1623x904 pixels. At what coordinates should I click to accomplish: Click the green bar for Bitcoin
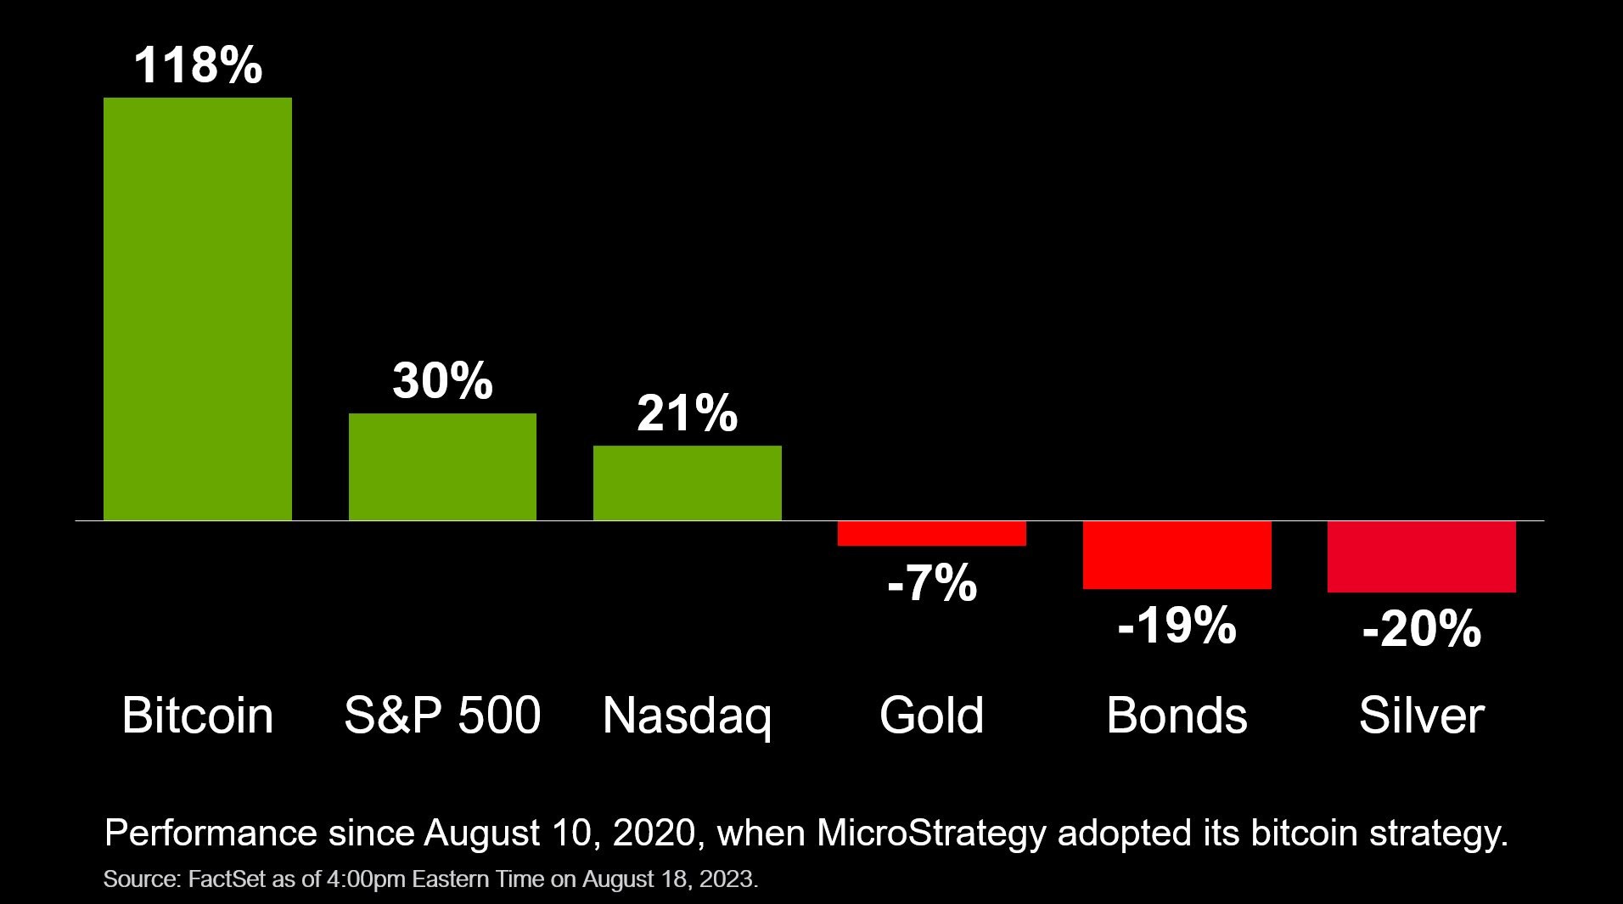pyautogui.click(x=197, y=309)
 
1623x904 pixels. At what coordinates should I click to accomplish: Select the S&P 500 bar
pyautogui.click(x=442, y=467)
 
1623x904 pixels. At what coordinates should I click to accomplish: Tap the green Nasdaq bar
pyautogui.click(x=687, y=483)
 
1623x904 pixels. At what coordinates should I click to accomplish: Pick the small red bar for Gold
pyautogui.click(x=931, y=533)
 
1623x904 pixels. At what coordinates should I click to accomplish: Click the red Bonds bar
pyautogui.click(x=1177, y=554)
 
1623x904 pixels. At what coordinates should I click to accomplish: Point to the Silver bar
pyautogui.click(x=1421, y=557)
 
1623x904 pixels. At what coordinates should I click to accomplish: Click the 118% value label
pyautogui.click(x=198, y=65)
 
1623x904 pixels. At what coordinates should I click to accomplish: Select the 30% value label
pyautogui.click(x=442, y=381)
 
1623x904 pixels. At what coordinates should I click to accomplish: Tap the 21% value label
pyautogui.click(x=687, y=413)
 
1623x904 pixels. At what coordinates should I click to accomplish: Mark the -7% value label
pyautogui.click(x=931, y=584)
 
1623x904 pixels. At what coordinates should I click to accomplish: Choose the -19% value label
pyautogui.click(x=1177, y=626)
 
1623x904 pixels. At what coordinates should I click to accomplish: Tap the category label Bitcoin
pyautogui.click(x=197, y=716)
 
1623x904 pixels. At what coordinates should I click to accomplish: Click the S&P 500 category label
pyautogui.click(x=442, y=716)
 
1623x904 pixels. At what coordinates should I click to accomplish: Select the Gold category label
pyautogui.click(x=931, y=716)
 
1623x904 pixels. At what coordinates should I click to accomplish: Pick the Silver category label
pyautogui.click(x=1421, y=716)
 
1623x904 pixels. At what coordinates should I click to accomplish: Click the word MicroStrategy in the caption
pyautogui.click(x=931, y=834)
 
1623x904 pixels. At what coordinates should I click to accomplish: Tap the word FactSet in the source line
pyautogui.click(x=227, y=879)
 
